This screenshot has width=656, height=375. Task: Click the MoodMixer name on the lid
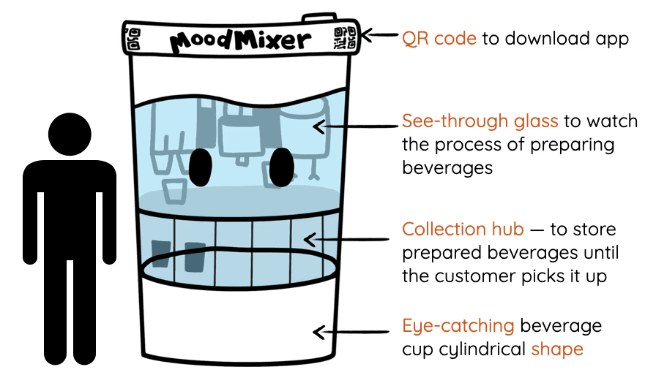click(x=239, y=39)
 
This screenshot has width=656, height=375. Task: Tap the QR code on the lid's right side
click(x=345, y=39)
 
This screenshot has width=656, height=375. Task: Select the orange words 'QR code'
click(x=439, y=38)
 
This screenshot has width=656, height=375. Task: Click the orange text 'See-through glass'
click(x=480, y=121)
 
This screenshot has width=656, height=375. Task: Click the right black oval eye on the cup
click(x=280, y=167)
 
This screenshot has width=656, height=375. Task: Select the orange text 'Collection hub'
click(x=463, y=230)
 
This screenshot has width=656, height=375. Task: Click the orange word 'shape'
click(x=557, y=349)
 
